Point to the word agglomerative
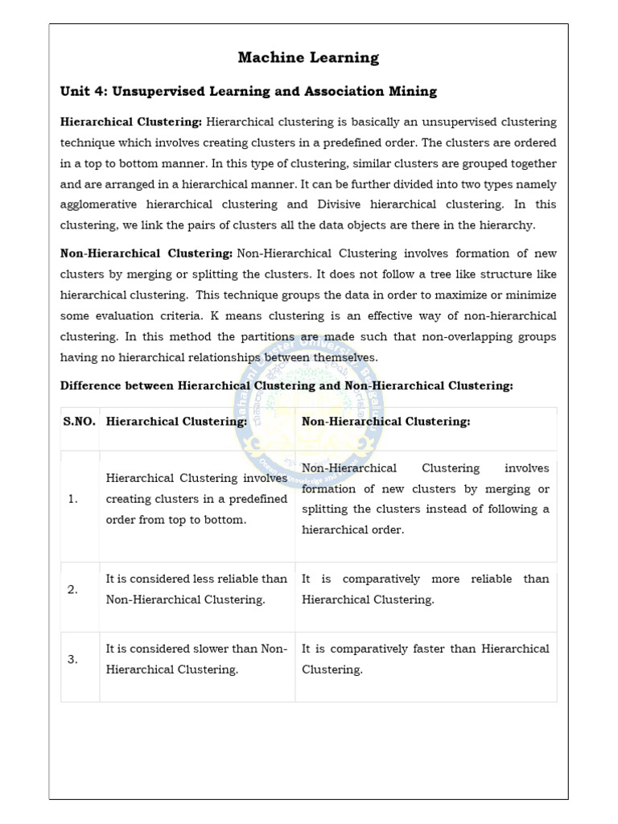click(x=101, y=204)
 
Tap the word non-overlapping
click(x=466, y=336)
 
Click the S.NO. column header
click(x=79, y=421)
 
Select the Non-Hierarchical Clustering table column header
click(x=385, y=421)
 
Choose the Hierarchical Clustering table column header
click(x=176, y=421)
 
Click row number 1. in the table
click(x=73, y=499)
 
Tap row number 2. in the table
click(x=73, y=589)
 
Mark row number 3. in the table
click(x=73, y=659)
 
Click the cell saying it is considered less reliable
click(x=196, y=589)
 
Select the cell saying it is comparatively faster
click(x=425, y=659)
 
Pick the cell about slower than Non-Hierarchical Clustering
click(x=196, y=659)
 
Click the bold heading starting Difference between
click(x=286, y=385)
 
